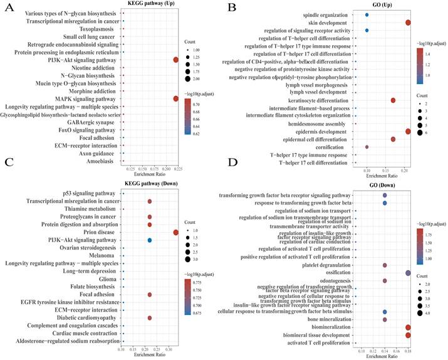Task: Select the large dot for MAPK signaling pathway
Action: [176, 99]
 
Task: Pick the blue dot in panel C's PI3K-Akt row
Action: [150, 240]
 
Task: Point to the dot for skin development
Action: [409, 23]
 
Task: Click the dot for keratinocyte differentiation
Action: [393, 100]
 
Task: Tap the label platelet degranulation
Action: [320, 265]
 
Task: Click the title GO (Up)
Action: [382, 6]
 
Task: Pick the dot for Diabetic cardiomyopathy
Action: [150, 318]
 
